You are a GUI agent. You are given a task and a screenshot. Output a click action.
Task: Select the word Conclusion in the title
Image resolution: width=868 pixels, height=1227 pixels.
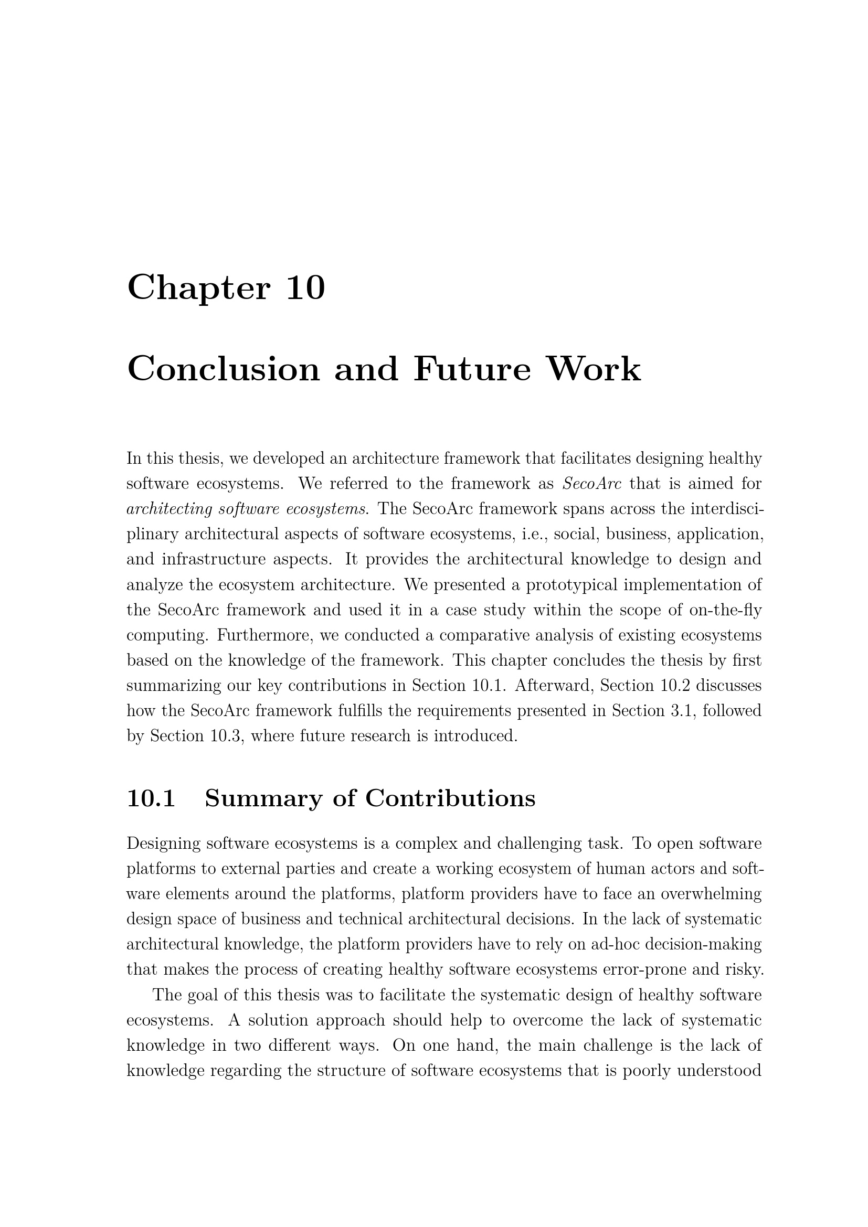[223, 369]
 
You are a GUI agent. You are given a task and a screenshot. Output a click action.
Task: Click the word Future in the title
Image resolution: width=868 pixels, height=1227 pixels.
[472, 369]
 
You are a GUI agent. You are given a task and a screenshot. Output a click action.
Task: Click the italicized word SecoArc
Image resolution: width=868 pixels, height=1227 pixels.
[592, 484]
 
